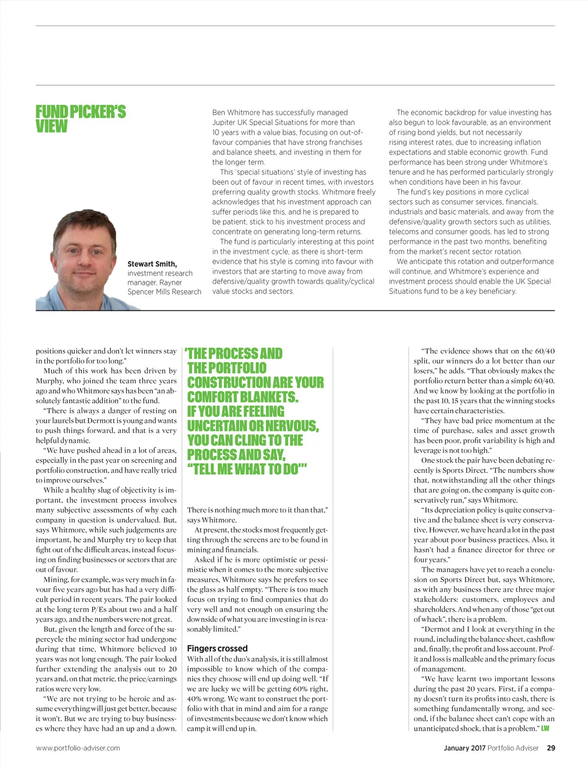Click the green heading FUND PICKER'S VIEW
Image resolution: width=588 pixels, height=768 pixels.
[x=80, y=119]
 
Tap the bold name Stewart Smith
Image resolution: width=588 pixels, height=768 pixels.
[x=152, y=264]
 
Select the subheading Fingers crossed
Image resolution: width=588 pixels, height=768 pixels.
[x=217, y=648]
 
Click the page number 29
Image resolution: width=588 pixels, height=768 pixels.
[x=551, y=748]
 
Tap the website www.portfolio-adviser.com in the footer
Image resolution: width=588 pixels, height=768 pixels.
[x=78, y=748]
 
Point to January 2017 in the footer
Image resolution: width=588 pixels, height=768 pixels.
[x=465, y=748]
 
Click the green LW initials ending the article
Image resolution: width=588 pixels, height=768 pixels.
[x=545, y=728]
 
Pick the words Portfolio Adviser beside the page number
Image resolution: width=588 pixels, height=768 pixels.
[x=513, y=748]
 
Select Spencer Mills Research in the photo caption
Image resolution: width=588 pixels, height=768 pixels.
[x=164, y=292]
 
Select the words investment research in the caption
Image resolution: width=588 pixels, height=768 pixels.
[x=160, y=273]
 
